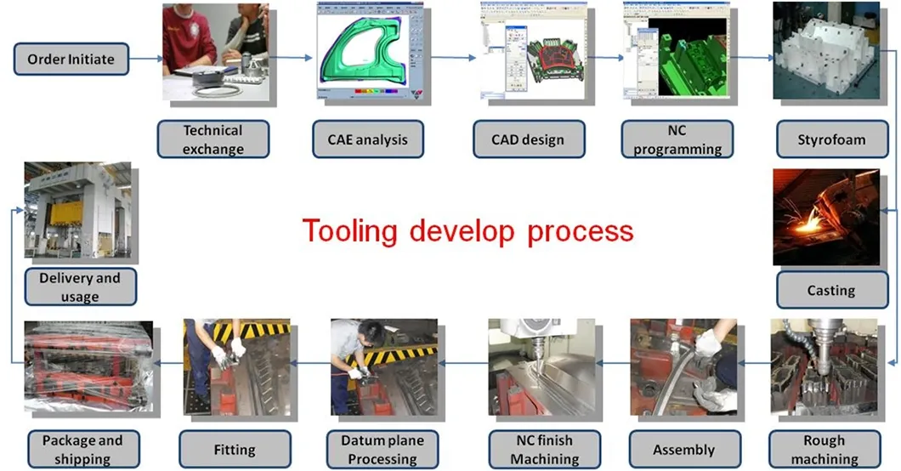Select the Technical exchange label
pyautogui.click(x=212, y=139)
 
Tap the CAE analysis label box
pyautogui.click(x=367, y=139)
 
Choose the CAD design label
pyautogui.click(x=529, y=139)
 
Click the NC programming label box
pyautogui.click(x=677, y=139)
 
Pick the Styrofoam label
pyautogui.click(x=830, y=139)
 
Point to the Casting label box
pyautogui.click(x=830, y=290)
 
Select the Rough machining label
pyautogui.click(x=824, y=450)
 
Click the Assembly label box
pyautogui.click(x=683, y=450)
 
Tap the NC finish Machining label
pyautogui.click(x=543, y=450)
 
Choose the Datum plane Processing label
pyautogui.click(x=382, y=450)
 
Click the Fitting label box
pyautogui.click(x=235, y=450)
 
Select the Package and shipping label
pyautogui.click(x=82, y=450)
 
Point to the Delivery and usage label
pyautogui.click(x=79, y=287)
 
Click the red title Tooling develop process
pyautogui.click(x=468, y=230)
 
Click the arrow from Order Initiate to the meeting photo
pyautogui.click(x=145, y=60)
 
